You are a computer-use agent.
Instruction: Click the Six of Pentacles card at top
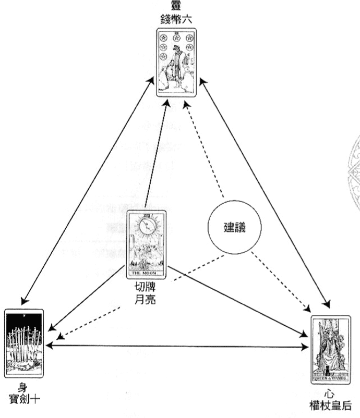pyautogui.click(x=176, y=63)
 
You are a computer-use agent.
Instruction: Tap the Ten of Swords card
pyautogui.click(x=24, y=342)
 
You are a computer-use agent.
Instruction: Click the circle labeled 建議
pyautogui.click(x=234, y=228)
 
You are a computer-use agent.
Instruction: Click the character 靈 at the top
pyautogui.click(x=176, y=7)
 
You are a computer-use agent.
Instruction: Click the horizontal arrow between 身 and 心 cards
pyautogui.click(x=177, y=346)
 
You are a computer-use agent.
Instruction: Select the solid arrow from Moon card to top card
pyautogui.click(x=157, y=156)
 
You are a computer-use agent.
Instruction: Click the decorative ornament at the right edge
pyautogui.click(x=353, y=172)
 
